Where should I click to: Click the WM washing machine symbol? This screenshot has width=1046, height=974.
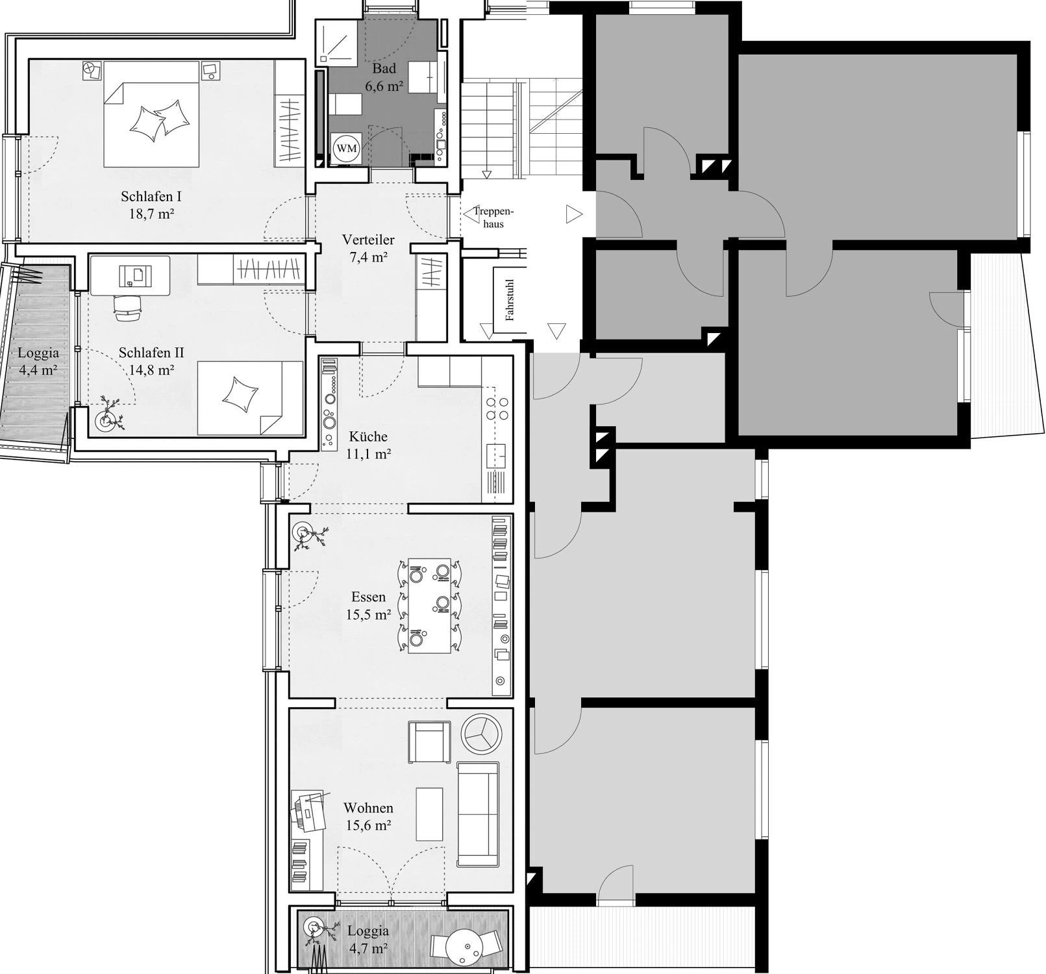point(347,148)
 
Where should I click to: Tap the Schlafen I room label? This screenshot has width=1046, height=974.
point(151,196)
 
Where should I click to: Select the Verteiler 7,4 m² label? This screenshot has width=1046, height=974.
point(368,248)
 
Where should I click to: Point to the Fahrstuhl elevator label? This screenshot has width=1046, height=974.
point(510,301)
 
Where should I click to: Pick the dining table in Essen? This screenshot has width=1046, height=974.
point(429,606)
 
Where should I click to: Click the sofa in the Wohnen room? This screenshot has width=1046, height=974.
point(478,814)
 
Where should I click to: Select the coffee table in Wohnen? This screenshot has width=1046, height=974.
point(429,814)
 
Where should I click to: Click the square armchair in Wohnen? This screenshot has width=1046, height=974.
point(429,742)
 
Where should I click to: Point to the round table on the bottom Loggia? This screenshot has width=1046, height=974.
point(464,946)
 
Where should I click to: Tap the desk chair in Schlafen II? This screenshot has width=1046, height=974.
point(128,307)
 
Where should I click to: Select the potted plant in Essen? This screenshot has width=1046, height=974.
point(306,535)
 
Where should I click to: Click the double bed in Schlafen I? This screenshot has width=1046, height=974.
point(151,114)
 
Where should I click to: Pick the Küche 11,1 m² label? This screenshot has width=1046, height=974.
point(368,445)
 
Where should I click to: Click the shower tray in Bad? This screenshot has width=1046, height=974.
point(338,42)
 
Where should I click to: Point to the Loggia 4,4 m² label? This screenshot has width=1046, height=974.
point(38,362)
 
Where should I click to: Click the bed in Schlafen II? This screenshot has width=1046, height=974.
point(250,398)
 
